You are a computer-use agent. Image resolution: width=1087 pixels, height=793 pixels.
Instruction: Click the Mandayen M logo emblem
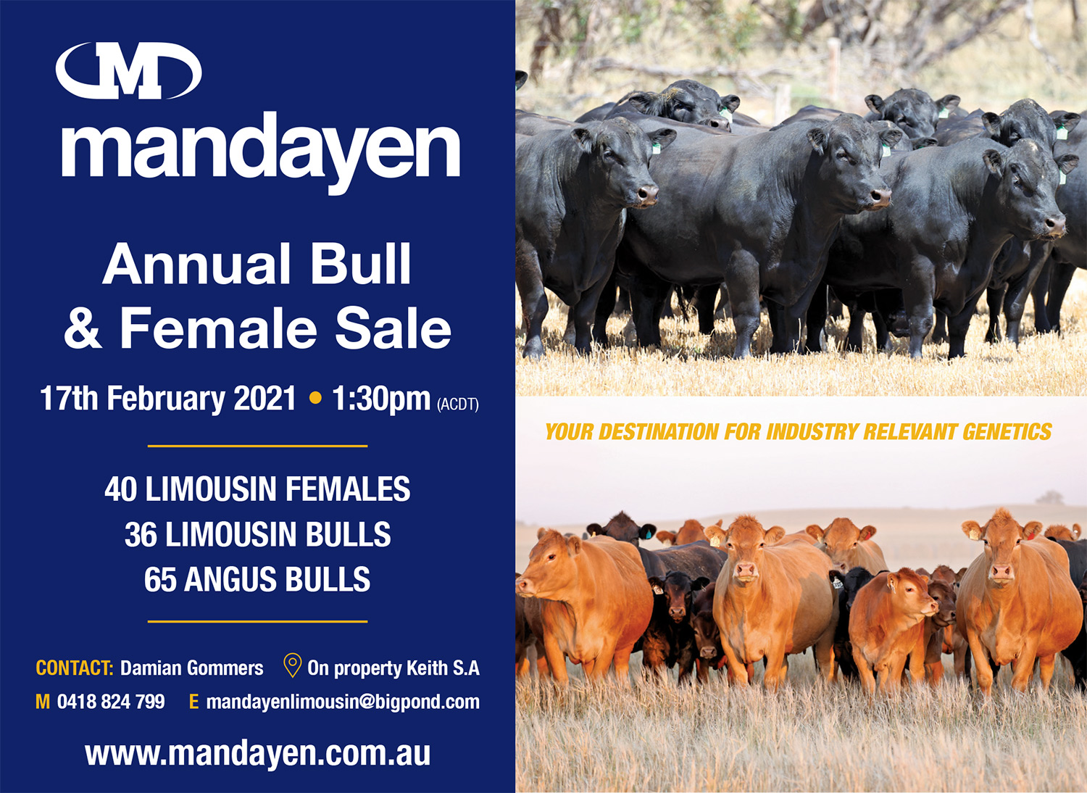click(128, 71)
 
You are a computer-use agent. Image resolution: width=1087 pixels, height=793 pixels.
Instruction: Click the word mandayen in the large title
click(261, 151)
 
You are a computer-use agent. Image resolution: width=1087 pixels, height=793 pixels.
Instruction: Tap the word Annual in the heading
click(196, 264)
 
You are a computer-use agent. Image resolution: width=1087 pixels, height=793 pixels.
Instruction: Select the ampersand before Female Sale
click(83, 328)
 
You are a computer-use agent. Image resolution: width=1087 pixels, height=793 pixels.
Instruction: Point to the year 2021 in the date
click(265, 399)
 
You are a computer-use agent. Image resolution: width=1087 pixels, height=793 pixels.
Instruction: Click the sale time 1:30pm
click(381, 399)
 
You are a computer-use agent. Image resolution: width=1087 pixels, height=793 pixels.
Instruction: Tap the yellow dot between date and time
click(315, 399)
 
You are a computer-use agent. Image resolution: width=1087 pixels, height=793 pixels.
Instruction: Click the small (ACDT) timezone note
click(458, 404)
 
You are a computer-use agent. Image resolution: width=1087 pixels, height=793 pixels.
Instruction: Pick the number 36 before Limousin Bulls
click(141, 534)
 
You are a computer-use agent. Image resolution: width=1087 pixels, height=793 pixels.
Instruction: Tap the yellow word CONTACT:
click(74, 668)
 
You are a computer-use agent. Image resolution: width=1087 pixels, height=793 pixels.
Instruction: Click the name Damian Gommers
click(192, 668)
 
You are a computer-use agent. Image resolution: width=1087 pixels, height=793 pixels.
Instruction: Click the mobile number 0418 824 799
click(111, 702)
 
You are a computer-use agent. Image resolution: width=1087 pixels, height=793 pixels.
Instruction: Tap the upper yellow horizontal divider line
click(258, 446)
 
